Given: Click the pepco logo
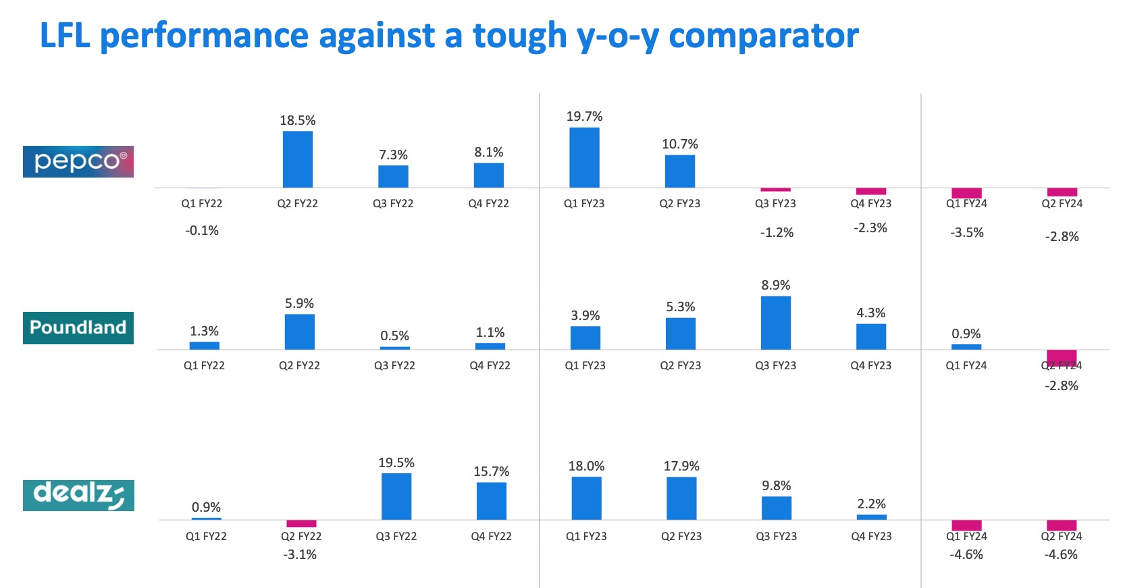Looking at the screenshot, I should point(78,161).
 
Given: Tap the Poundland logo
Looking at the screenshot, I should point(78,327).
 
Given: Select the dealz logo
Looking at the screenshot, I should point(78,495).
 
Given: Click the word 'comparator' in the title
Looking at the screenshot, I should point(763,36).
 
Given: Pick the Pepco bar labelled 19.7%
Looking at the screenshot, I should point(584,157).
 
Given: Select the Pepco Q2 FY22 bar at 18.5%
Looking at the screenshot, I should point(298,159).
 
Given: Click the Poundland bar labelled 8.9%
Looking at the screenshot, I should point(776,323).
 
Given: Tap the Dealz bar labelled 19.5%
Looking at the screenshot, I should point(396,496).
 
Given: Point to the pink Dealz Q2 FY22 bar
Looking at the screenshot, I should point(301,523).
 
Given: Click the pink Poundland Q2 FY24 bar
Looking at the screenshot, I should point(1062,356).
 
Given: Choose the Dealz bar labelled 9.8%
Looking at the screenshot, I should point(777,508).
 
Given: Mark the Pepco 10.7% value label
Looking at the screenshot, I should point(680,144).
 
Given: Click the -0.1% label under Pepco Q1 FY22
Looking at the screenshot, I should point(202,230).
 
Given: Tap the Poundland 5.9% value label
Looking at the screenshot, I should point(299,303).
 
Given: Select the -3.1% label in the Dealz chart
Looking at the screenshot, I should point(301,554).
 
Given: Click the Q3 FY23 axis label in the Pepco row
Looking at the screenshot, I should point(775,203).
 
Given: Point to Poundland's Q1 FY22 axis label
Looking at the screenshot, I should point(204,365).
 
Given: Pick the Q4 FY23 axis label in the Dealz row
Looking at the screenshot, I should point(871,536).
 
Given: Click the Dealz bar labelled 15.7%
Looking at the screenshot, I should point(492,500).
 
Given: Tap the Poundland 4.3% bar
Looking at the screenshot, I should point(871,336).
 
